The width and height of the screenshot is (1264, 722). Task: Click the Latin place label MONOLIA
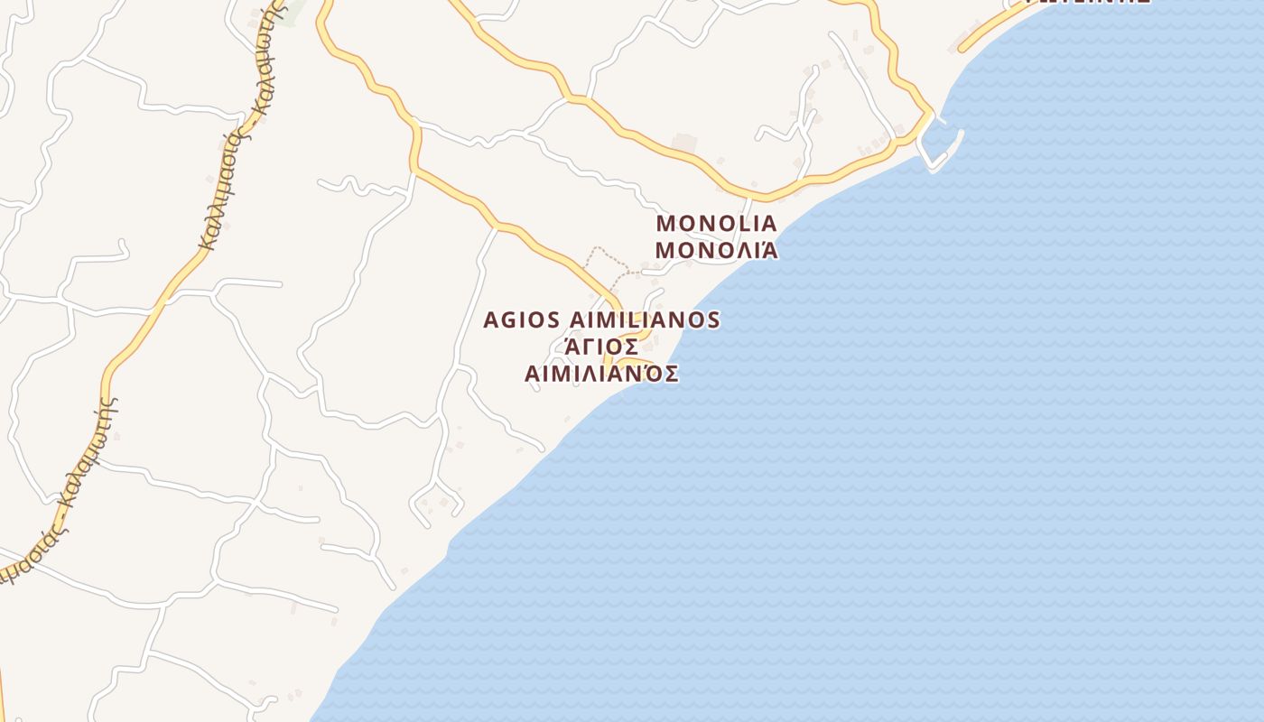tap(716, 223)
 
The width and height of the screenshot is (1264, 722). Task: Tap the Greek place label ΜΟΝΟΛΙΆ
tap(716, 250)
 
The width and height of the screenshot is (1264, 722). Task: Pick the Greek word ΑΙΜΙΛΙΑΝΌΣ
tap(601, 374)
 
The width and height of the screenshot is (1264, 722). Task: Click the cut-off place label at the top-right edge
tap(1090, 3)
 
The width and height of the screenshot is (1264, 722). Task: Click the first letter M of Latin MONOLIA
tap(666, 223)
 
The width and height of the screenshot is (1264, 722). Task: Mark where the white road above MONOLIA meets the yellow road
tap(749, 196)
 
